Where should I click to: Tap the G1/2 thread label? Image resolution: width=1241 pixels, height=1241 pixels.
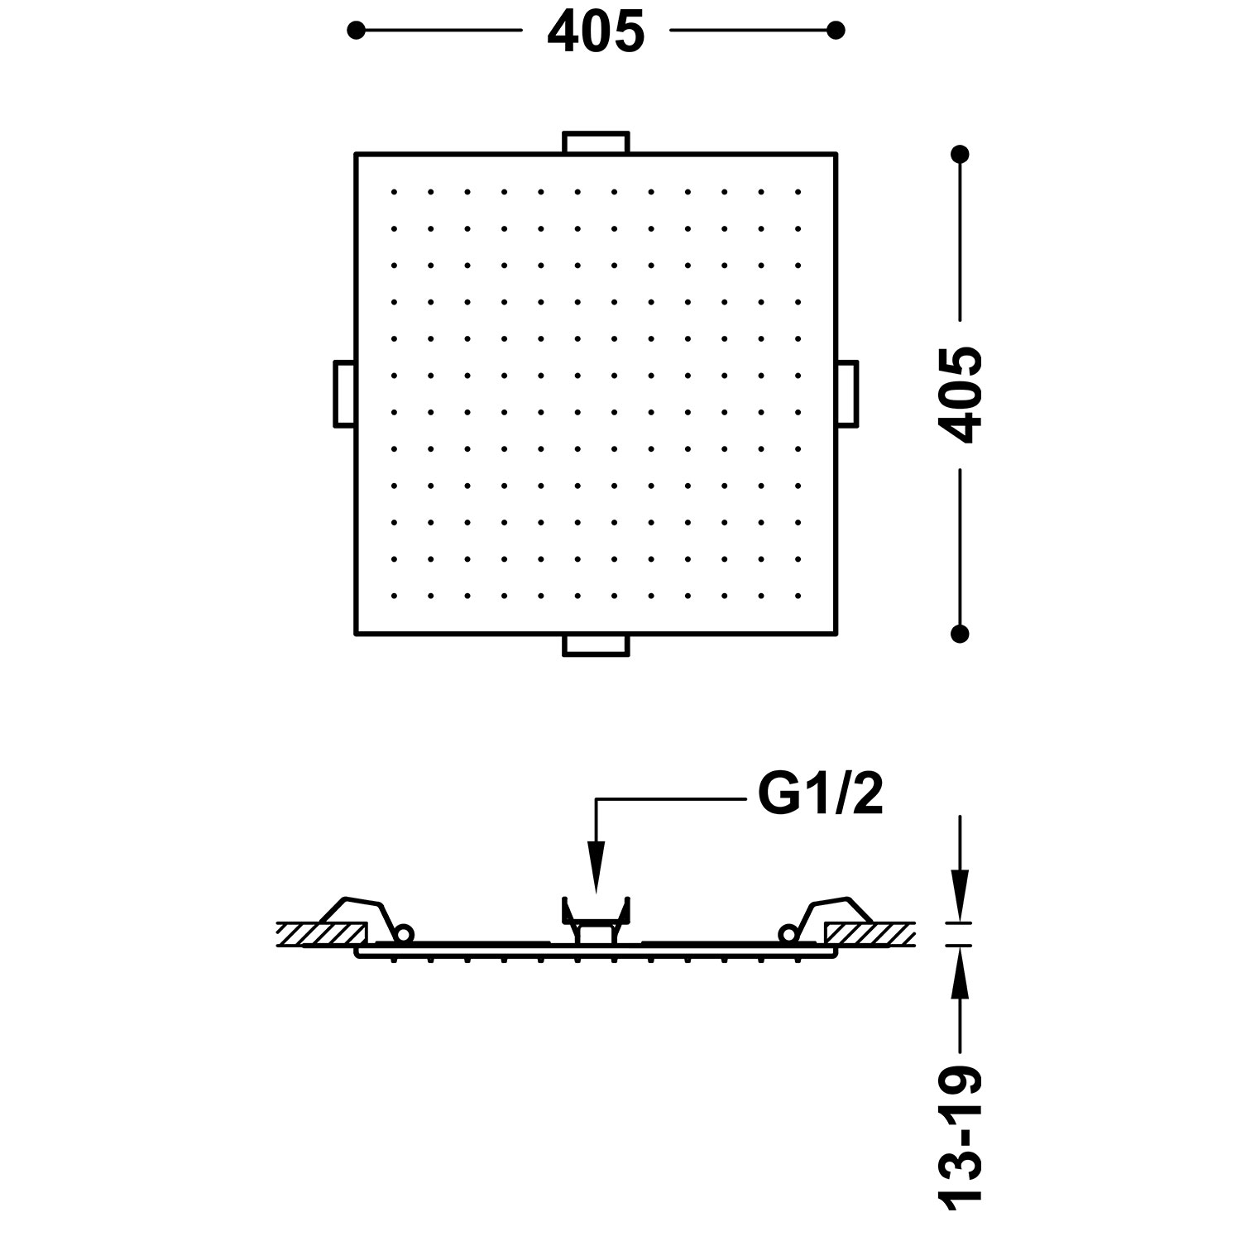820,796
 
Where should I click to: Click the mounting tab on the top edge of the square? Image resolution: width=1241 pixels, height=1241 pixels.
596,142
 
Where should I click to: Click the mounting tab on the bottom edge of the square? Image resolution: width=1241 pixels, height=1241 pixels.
596,645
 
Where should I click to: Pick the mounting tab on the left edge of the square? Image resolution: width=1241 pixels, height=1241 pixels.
345,394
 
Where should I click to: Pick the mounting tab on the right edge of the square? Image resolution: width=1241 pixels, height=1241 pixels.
846,394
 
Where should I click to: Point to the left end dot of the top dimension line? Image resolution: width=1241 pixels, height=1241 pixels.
356,31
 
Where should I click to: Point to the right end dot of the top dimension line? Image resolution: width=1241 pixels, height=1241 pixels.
836,31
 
